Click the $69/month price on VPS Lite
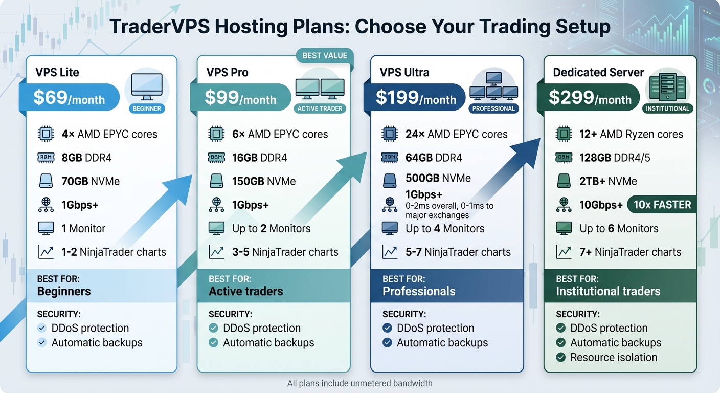69,98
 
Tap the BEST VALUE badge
325,56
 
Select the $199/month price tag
416,98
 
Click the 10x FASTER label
662,205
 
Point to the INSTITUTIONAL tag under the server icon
667,108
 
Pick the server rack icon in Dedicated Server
667,88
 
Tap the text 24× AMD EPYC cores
456,134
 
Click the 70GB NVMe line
91,181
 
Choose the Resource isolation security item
614,357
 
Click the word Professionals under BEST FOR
419,291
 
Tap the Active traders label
245,291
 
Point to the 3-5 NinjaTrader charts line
285,252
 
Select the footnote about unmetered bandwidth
359,383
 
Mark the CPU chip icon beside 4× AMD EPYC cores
46,134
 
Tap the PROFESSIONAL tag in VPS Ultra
493,108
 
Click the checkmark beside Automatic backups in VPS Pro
214,343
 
